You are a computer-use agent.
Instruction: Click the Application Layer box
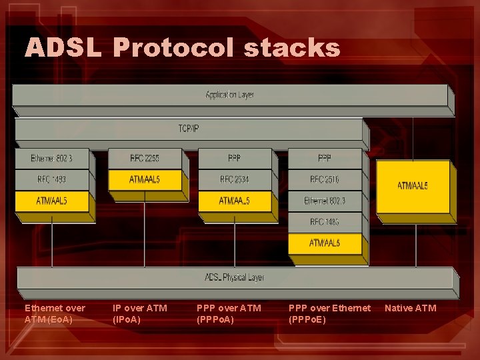tap(229, 95)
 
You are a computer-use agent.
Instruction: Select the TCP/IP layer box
tap(189, 128)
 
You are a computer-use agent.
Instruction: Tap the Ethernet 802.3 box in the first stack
tap(51, 159)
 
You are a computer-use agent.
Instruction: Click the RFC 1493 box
tap(51, 179)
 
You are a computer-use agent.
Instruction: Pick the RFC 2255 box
tap(145, 159)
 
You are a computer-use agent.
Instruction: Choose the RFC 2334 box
tap(235, 179)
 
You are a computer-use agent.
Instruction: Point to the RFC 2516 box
tap(325, 179)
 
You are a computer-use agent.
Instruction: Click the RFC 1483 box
tap(325, 221)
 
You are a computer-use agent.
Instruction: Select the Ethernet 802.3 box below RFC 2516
tap(325, 201)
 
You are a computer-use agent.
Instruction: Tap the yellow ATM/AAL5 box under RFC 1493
tap(51, 201)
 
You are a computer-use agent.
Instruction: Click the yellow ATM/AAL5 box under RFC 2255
tap(145, 179)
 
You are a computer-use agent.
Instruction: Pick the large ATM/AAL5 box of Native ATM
tap(413, 185)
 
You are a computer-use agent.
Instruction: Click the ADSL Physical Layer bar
tap(235, 277)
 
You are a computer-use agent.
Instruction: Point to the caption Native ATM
tap(410, 308)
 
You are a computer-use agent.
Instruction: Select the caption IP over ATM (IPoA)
tap(140, 313)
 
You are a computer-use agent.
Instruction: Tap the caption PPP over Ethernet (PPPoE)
tap(329, 313)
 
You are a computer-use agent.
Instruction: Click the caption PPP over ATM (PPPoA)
tap(229, 313)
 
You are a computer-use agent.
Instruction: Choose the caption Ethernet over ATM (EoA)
tap(55, 313)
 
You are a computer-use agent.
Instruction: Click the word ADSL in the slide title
tap(64, 48)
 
